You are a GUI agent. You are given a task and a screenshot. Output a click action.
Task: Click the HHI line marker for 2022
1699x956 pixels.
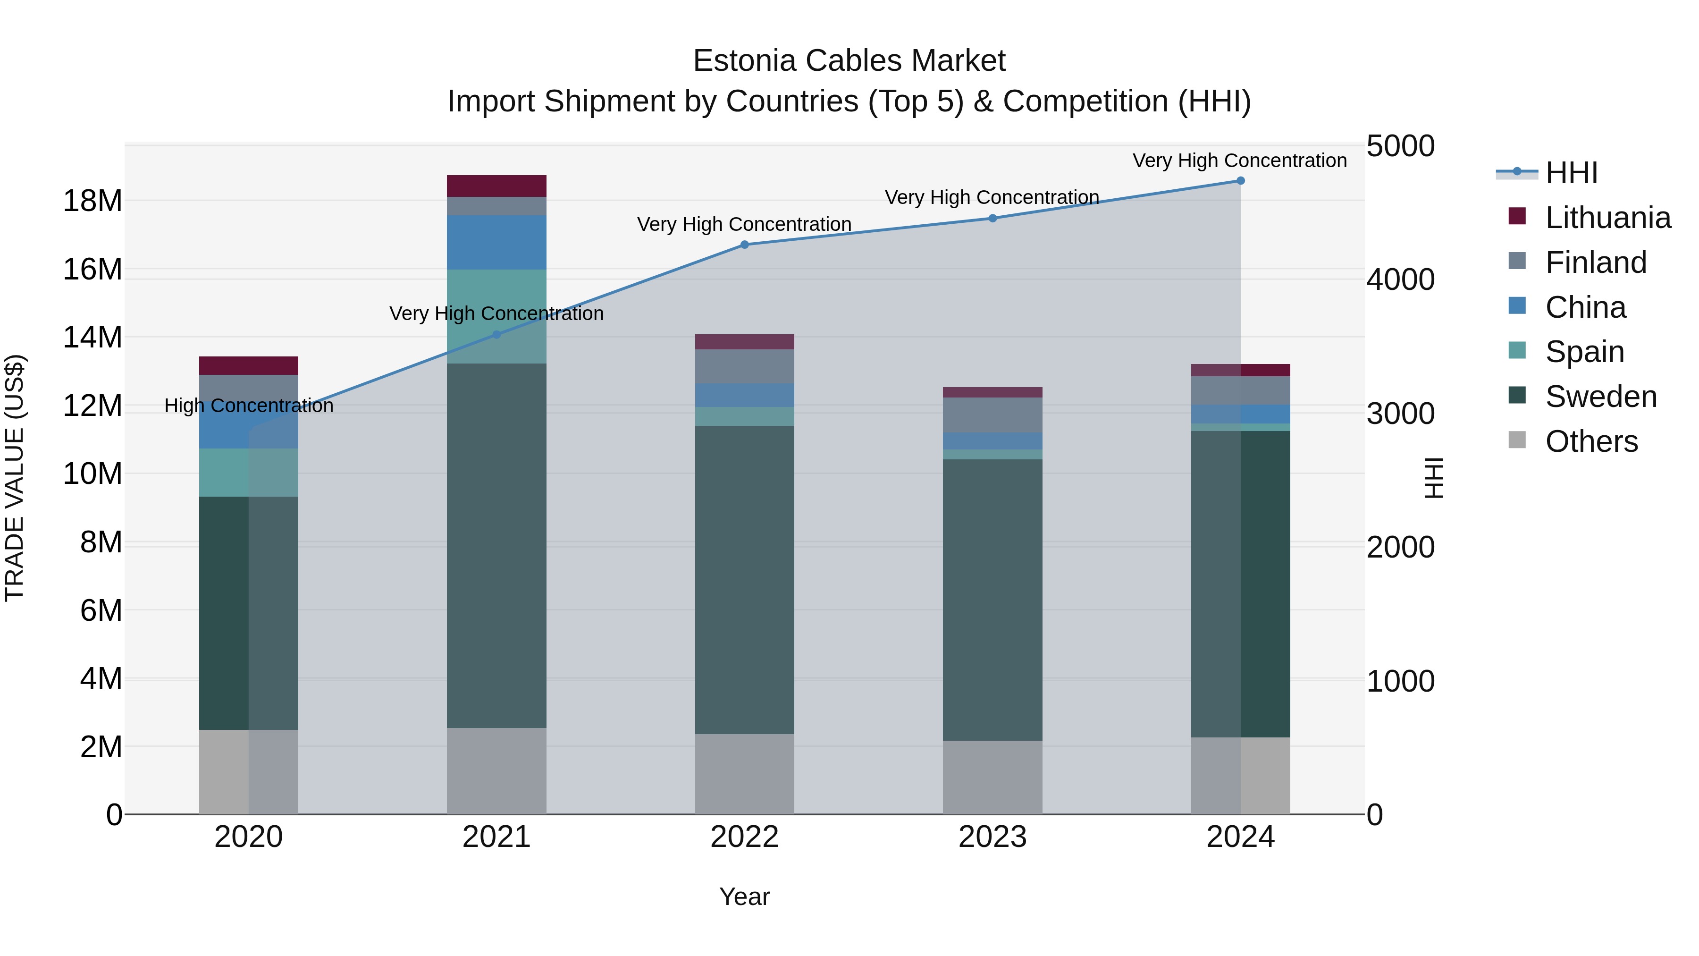click(745, 245)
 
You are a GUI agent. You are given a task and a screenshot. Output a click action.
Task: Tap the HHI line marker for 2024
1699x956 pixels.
click(1241, 181)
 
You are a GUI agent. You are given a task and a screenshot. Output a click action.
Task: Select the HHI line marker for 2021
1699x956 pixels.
click(496, 335)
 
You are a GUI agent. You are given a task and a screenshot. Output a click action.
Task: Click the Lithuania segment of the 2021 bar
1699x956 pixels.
click(496, 186)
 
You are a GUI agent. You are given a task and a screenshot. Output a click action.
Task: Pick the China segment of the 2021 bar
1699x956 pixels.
click(496, 242)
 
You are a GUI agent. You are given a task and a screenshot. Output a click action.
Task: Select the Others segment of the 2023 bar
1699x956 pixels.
click(992, 777)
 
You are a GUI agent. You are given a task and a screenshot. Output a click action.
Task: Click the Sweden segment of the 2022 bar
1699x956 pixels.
click(745, 580)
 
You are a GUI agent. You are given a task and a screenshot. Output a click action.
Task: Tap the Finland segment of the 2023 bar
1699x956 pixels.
click(992, 415)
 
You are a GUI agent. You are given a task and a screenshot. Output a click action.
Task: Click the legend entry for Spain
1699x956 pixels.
click(1584, 352)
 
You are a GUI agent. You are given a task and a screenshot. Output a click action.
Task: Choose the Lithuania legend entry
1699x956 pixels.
click(1607, 218)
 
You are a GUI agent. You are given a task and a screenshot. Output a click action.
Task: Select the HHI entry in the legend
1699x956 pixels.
click(1571, 173)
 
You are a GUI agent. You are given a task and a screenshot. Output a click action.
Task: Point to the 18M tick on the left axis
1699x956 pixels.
click(93, 201)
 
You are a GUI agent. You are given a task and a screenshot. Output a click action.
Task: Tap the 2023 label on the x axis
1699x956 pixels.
click(992, 837)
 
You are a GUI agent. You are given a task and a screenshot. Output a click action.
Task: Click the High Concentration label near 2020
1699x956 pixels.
click(249, 406)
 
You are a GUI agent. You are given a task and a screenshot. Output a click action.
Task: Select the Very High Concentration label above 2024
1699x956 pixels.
click(1239, 161)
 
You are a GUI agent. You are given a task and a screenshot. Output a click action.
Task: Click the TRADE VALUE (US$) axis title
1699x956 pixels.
click(15, 478)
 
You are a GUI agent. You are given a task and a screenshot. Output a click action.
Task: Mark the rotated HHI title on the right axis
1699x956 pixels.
click(1434, 478)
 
